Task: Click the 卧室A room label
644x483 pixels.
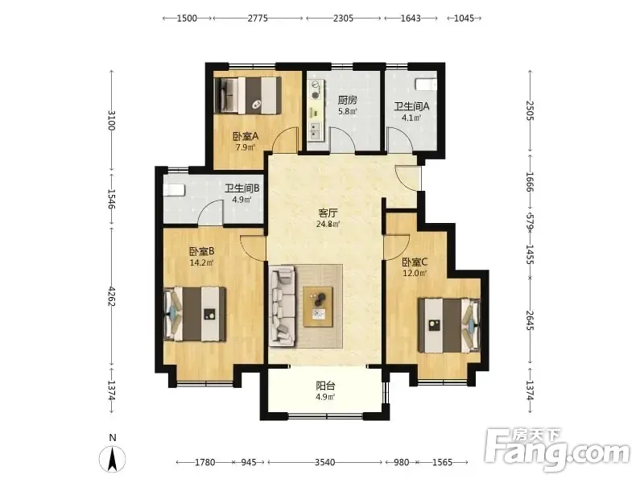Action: click(246, 136)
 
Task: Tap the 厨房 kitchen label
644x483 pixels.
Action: click(348, 100)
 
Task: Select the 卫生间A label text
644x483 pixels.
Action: click(411, 107)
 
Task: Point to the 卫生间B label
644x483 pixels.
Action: click(242, 188)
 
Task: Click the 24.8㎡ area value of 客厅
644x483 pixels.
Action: click(328, 225)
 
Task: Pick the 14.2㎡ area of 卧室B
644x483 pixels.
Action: click(201, 263)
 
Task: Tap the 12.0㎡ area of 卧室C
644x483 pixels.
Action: click(415, 273)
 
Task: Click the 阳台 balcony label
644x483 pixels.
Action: click(325, 386)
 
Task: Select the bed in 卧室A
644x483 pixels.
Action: click(248, 95)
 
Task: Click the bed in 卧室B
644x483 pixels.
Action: click(195, 314)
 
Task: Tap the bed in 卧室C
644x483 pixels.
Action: click(449, 325)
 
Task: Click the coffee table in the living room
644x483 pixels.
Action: click(318, 307)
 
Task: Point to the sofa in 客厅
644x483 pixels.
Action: click(283, 307)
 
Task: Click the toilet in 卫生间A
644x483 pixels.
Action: click(426, 85)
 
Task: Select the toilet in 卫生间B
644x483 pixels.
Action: click(175, 190)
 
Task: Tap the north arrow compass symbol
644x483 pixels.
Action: click(112, 459)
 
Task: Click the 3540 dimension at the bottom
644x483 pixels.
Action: click(324, 462)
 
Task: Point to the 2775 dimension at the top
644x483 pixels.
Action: click(258, 18)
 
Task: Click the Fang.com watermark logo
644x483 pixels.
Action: click(557, 450)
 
